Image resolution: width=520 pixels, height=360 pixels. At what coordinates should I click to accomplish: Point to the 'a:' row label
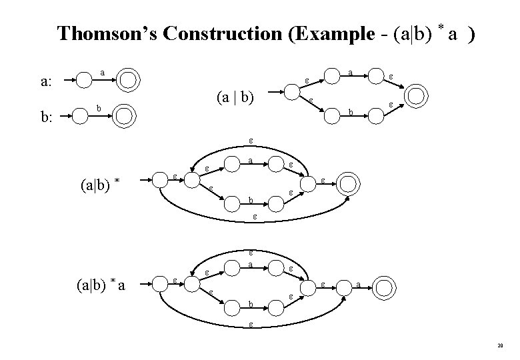point(47,83)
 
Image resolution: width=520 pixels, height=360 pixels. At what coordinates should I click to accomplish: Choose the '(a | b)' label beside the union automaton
point(235,98)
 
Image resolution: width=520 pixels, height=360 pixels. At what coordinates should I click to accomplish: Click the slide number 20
point(500,346)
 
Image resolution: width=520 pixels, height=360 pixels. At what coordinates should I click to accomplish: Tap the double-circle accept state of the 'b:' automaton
point(123,116)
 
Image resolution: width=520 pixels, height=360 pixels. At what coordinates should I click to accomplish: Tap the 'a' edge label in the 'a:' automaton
point(102,71)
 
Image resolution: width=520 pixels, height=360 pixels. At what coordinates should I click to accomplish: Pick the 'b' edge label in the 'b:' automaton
point(99,107)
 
